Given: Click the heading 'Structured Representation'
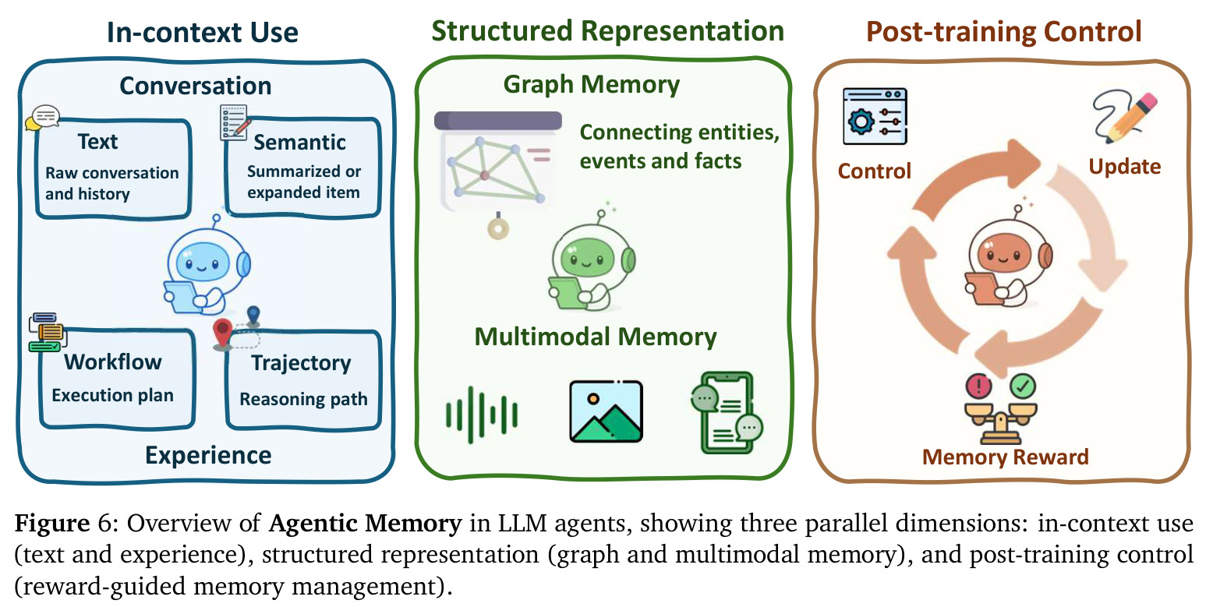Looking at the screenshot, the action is point(608,30).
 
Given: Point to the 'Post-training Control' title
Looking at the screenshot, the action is point(1003,32).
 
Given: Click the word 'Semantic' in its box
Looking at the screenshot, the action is point(299,142).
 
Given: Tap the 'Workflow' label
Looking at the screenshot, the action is point(113,362).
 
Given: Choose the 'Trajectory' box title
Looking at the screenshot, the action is point(301,363).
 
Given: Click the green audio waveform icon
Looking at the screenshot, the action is point(481,415).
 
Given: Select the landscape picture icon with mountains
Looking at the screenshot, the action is point(607,411).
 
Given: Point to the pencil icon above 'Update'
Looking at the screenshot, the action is point(1125,117).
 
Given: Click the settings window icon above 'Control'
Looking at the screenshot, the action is point(875,116).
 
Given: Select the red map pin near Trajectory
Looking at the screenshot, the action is point(223,333).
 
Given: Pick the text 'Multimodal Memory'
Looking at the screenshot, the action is point(596,337).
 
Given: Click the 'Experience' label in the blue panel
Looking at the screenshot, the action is point(208,455).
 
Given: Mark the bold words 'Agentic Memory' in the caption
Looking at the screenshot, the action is point(365,523).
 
